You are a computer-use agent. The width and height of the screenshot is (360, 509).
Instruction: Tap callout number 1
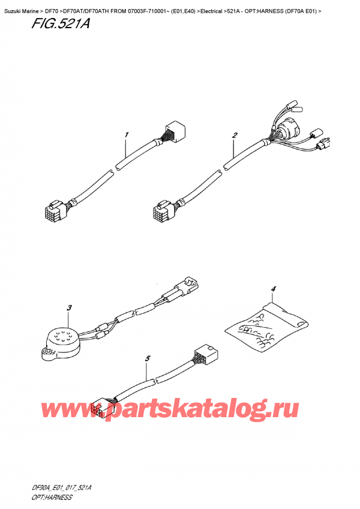pos(127,134)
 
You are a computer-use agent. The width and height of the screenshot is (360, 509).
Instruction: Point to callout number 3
pos(69,309)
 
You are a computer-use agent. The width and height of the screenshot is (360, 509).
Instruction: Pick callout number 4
pos(273,290)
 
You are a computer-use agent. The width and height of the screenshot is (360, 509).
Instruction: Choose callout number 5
pos(148,358)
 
